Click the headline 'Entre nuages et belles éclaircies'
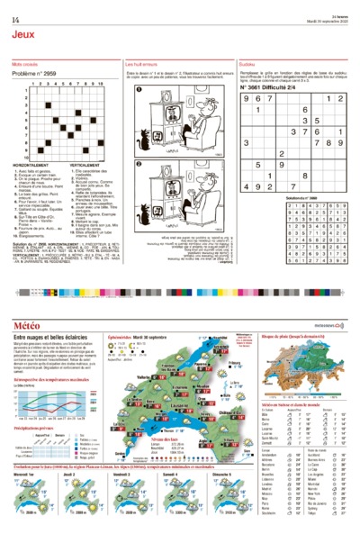(53, 337)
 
